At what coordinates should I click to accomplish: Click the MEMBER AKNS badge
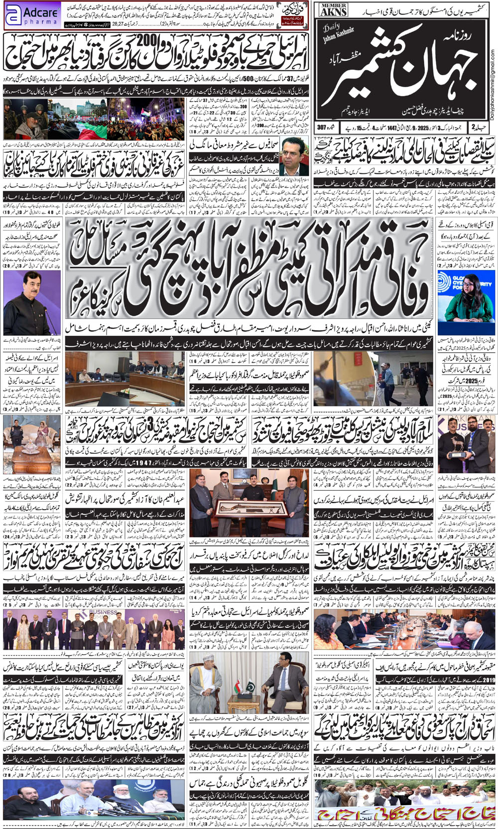[x=333, y=9]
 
